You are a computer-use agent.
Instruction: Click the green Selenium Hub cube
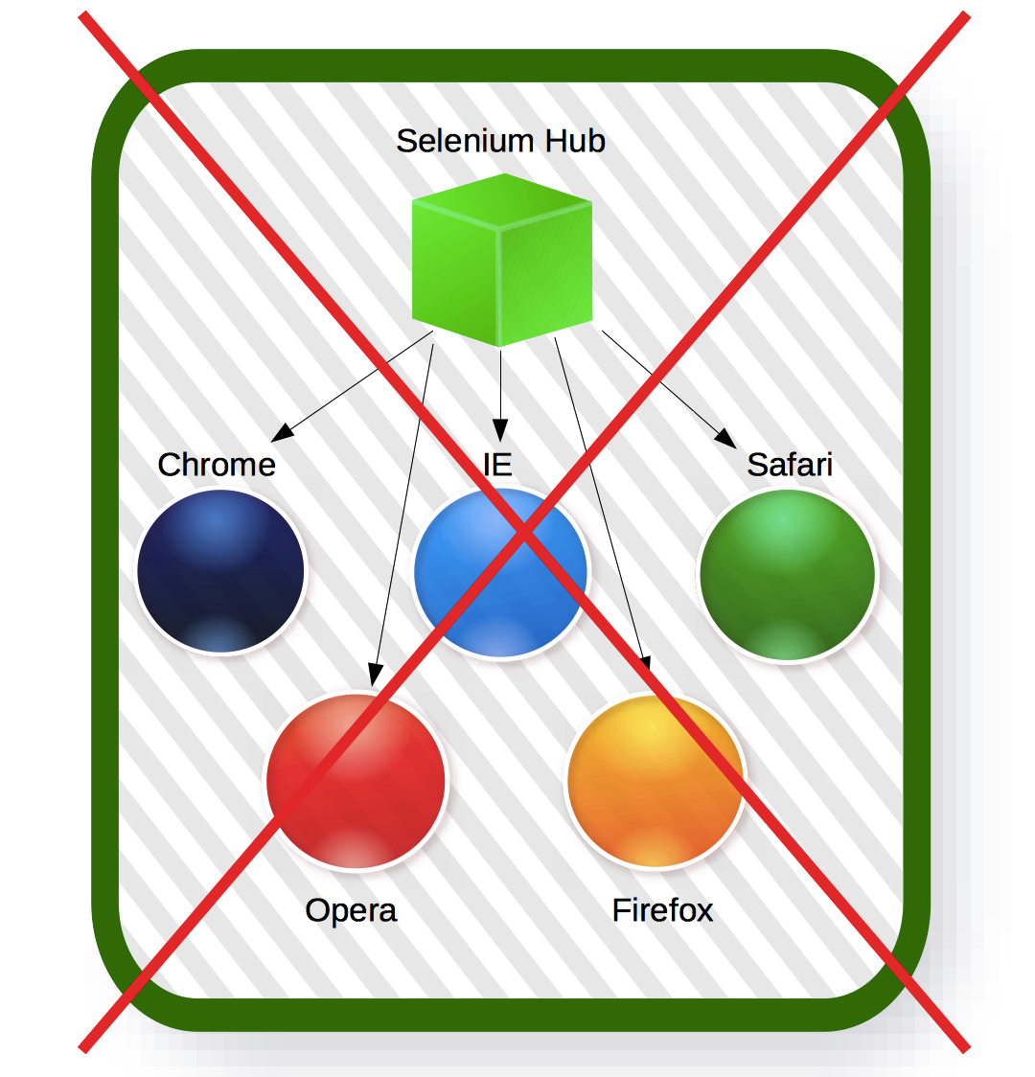click(x=502, y=261)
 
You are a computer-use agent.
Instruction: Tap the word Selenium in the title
click(x=465, y=141)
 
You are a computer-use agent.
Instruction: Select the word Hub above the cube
click(x=575, y=141)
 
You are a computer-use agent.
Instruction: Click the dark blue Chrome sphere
click(x=220, y=571)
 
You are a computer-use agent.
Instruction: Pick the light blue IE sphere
click(x=500, y=572)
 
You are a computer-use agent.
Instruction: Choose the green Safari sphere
click(x=787, y=576)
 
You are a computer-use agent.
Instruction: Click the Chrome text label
click(x=217, y=465)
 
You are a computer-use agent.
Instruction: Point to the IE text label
click(x=497, y=465)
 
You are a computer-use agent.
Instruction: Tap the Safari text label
click(x=790, y=465)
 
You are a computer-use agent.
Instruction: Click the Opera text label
click(x=351, y=911)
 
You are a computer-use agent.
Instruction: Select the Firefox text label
click(x=663, y=910)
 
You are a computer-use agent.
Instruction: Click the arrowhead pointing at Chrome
click(x=282, y=433)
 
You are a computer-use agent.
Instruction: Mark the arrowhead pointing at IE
click(x=500, y=430)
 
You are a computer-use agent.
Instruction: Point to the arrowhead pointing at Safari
click(x=726, y=438)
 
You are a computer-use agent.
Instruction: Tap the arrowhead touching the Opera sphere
click(x=375, y=675)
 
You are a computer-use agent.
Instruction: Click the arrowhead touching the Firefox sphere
click(x=646, y=664)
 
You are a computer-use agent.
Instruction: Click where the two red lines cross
click(x=524, y=532)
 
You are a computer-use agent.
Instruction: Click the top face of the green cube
click(x=502, y=199)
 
